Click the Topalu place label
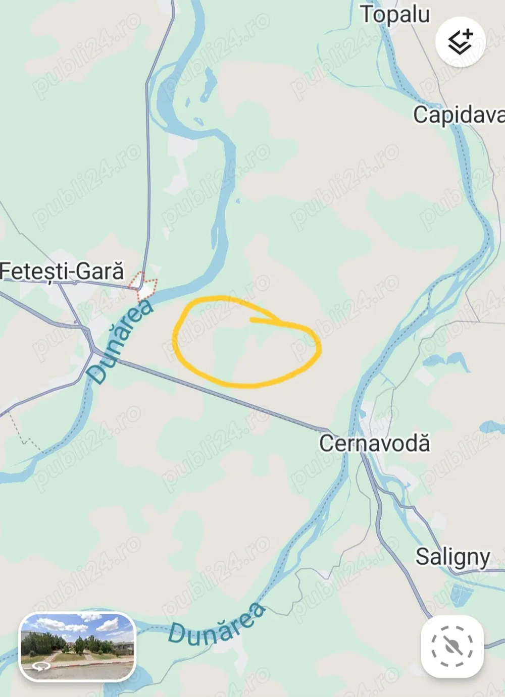[x=395, y=15]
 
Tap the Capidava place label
[x=458, y=115]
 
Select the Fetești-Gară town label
[x=62, y=271]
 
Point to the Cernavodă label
[x=374, y=443]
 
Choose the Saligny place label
[x=452, y=557]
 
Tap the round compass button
[x=451, y=646]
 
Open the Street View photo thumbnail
[x=77, y=647]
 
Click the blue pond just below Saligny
[x=460, y=594]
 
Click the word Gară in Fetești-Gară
[x=102, y=271]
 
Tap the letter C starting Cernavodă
[x=326, y=443]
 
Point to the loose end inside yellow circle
[x=252, y=319]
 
